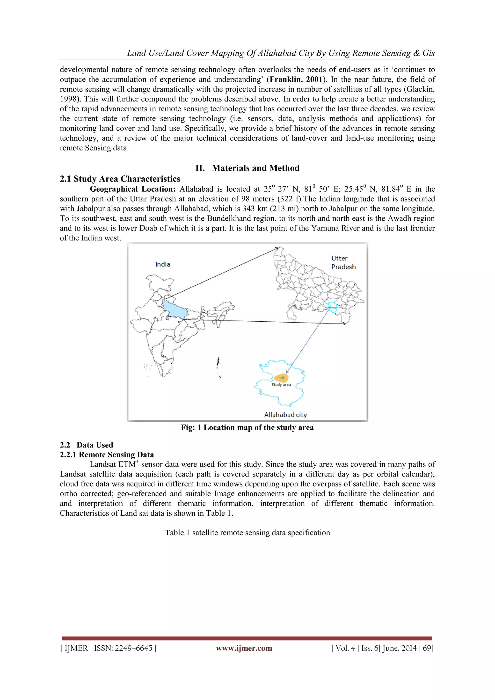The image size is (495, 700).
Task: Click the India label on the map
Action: (163, 264)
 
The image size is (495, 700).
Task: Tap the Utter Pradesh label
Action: (343, 262)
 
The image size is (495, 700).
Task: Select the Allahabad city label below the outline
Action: (285, 415)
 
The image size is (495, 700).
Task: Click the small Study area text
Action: (281, 385)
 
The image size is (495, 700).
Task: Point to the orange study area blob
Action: (281, 378)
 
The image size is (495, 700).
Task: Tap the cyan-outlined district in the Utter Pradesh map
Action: (332, 307)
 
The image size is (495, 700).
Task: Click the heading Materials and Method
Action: (247, 168)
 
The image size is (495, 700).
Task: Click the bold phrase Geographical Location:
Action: (132, 189)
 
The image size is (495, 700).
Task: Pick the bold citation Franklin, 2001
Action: (296, 79)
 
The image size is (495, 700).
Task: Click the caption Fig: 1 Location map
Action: (247, 427)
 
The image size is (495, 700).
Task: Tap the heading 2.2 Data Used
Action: (86, 445)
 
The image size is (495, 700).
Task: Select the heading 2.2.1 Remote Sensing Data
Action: (107, 455)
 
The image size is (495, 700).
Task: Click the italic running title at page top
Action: (281, 53)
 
